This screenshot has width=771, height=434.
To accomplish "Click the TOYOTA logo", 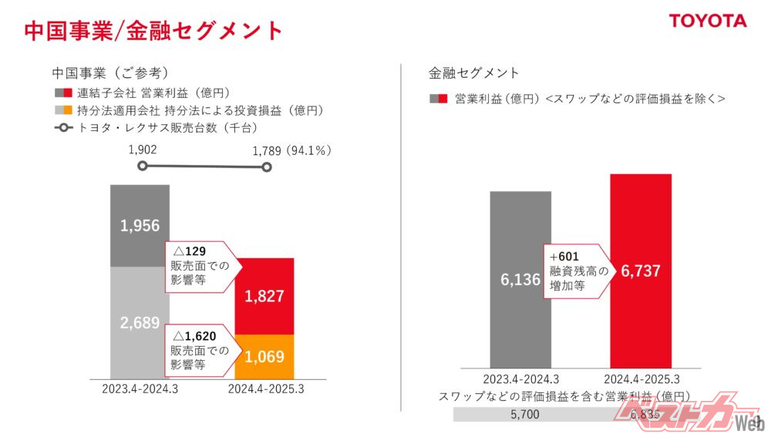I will (x=707, y=21).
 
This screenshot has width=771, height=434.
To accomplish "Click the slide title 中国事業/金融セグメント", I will (x=153, y=31).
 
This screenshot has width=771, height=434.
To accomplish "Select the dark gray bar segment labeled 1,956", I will (x=140, y=225).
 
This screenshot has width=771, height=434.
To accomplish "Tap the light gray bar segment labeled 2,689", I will (x=140, y=322).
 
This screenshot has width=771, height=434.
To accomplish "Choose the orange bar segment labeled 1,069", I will (x=264, y=356).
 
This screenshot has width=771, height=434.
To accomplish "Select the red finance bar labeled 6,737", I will (x=641, y=271).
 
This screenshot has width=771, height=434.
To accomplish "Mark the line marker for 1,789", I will (x=267, y=167).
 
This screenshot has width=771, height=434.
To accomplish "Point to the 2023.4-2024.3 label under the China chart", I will (x=140, y=389).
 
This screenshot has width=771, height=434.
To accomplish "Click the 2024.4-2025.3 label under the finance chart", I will (x=641, y=379).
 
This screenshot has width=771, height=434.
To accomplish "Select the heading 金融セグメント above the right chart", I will (x=473, y=73).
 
